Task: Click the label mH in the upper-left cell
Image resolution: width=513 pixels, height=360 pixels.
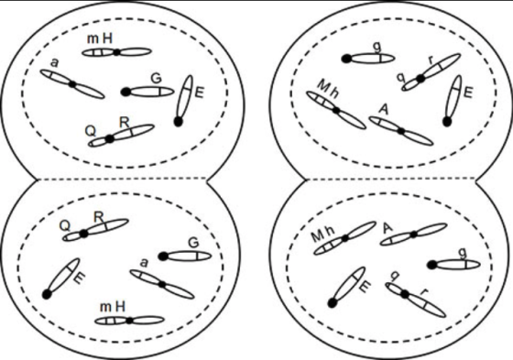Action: [100, 39]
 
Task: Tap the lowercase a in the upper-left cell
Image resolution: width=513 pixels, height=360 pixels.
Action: [55, 63]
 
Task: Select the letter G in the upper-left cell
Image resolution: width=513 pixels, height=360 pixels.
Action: [157, 79]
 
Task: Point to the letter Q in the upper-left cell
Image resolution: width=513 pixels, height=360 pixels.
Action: [91, 131]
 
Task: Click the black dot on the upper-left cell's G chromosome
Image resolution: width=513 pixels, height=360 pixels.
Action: [126, 92]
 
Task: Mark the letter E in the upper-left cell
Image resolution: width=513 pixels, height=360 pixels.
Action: [200, 93]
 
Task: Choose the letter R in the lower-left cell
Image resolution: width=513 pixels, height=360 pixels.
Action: [99, 217]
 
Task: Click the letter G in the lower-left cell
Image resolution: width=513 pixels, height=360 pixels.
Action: [193, 243]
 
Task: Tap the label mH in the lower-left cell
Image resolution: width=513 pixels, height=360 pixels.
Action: [113, 307]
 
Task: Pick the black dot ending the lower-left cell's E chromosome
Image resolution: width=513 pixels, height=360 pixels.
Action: [47, 295]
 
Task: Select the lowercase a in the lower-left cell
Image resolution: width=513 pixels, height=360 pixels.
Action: [144, 263]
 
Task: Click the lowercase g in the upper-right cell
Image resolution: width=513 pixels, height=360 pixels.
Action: [377, 48]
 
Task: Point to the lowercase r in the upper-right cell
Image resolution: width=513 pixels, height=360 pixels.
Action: [431, 60]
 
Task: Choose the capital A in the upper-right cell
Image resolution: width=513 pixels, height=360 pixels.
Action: [384, 109]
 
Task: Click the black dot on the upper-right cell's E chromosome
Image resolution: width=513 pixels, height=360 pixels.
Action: [447, 122]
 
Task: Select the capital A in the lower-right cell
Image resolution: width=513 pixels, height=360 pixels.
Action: [387, 228]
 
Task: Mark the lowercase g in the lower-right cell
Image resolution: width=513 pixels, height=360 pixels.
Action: [463, 253]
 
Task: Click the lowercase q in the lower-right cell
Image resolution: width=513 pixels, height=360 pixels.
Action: [395, 277]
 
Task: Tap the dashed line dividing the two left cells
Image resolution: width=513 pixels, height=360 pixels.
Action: [123, 179]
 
